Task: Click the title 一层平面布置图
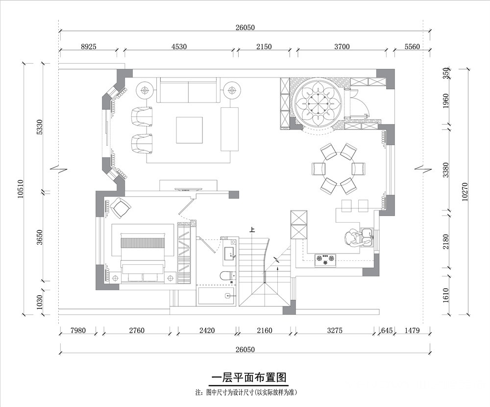pyautogui.click(x=249, y=378)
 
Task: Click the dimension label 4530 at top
pyautogui.click(x=179, y=47)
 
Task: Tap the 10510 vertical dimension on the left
pyautogui.click(x=21, y=189)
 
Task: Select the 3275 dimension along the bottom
pyautogui.click(x=335, y=331)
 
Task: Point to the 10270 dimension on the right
pyautogui.click(x=465, y=191)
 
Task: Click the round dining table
pyautogui.click(x=339, y=169)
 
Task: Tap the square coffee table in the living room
pyautogui.click(x=189, y=130)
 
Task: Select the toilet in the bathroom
pyautogui.click(x=227, y=276)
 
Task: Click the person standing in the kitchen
pyautogui.click(x=352, y=239)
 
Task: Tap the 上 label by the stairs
pyautogui.click(x=252, y=230)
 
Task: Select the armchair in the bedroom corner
pyautogui.click(x=121, y=208)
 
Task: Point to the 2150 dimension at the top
pyautogui.click(x=264, y=47)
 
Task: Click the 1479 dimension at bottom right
pyautogui.click(x=412, y=331)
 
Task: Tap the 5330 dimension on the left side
pyautogui.click(x=39, y=127)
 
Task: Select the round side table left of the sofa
pyautogui.click(x=145, y=90)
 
